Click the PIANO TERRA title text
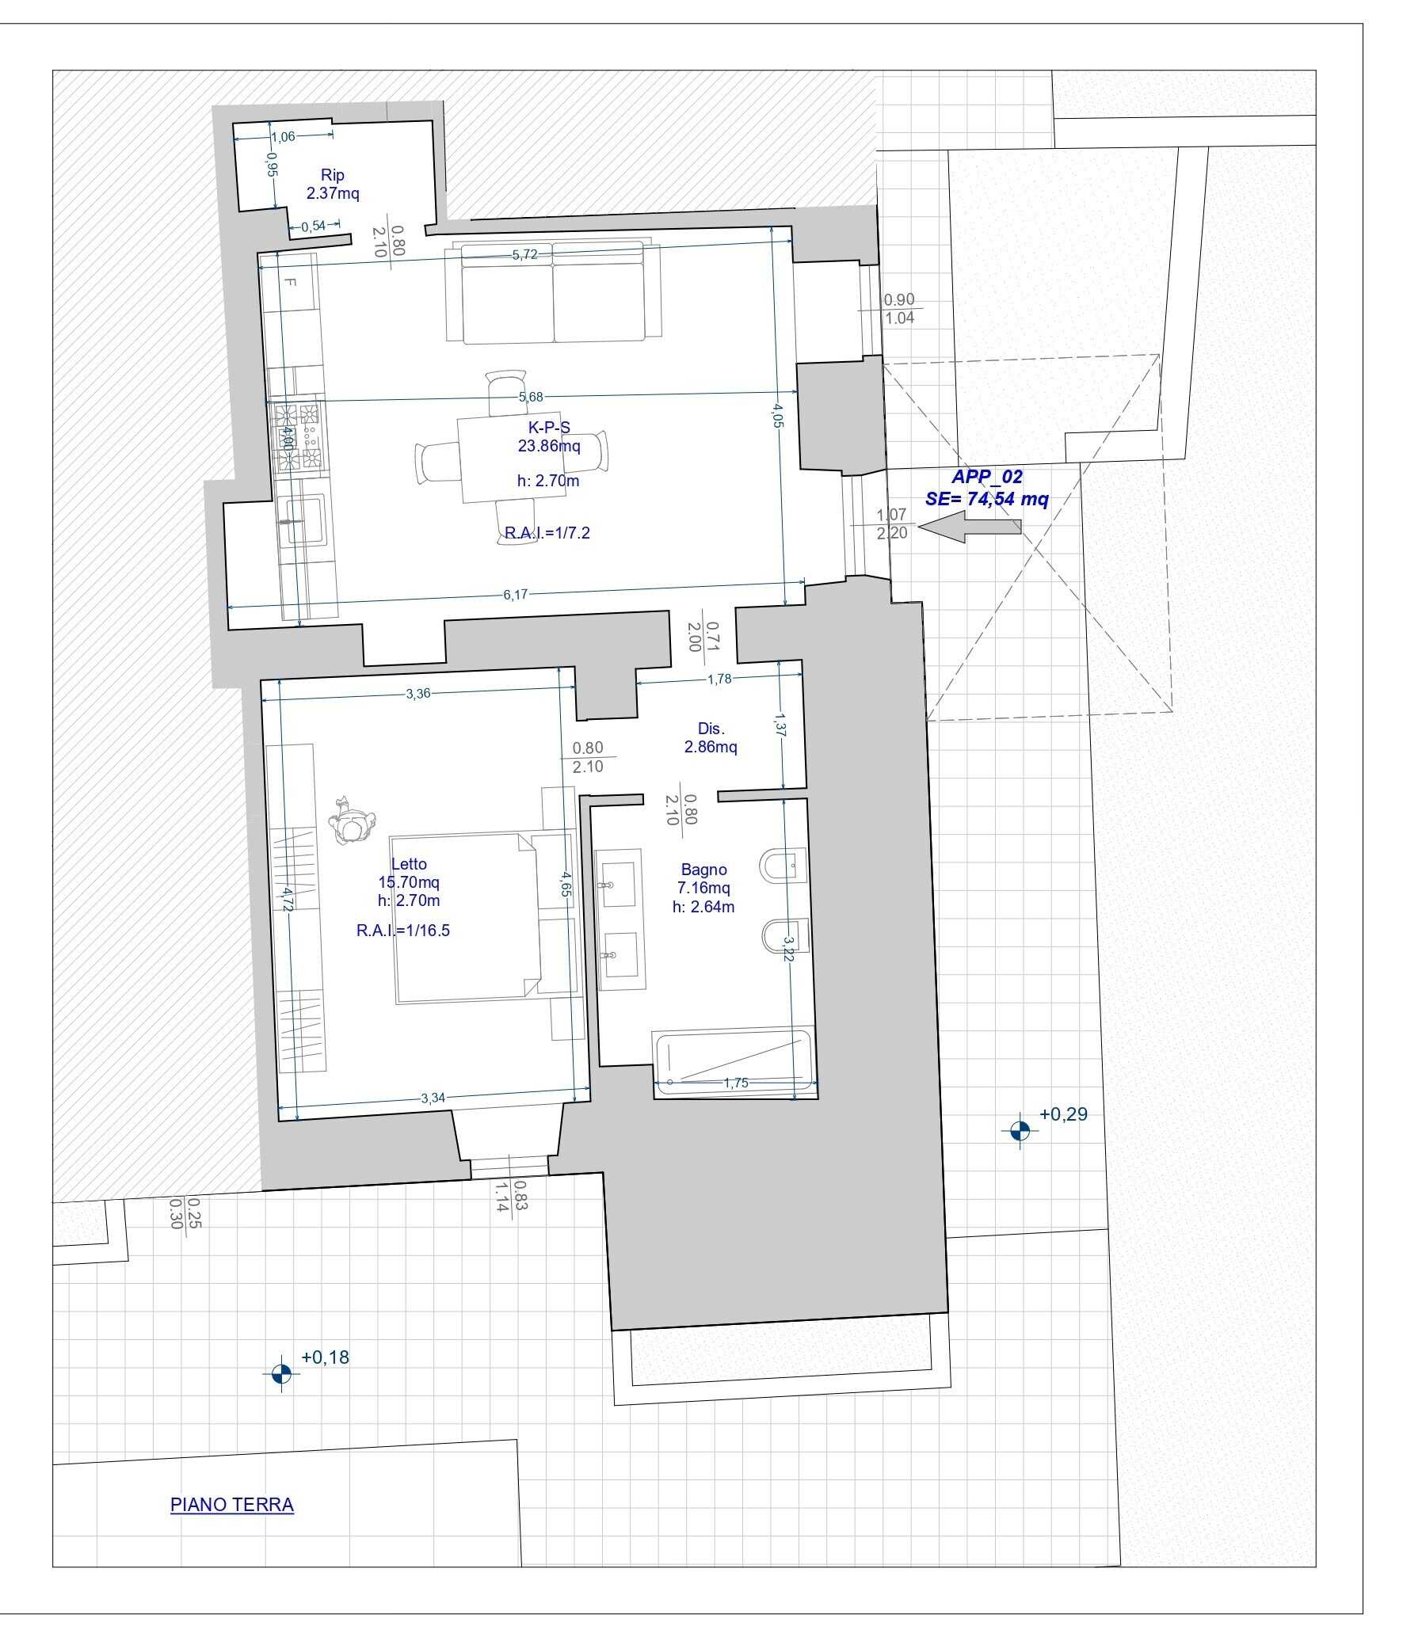(x=232, y=1505)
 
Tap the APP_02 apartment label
(x=987, y=477)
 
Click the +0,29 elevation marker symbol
(x=1020, y=1130)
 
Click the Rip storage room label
(x=333, y=175)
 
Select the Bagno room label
(x=703, y=870)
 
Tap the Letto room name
(x=409, y=864)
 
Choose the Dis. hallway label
(x=711, y=729)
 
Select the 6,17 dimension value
(x=515, y=595)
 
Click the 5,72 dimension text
(x=524, y=254)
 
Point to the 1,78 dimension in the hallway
(x=719, y=679)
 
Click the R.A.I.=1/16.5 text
(x=403, y=931)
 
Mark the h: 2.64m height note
(x=703, y=908)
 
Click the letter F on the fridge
(x=289, y=283)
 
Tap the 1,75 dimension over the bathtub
(x=736, y=1083)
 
